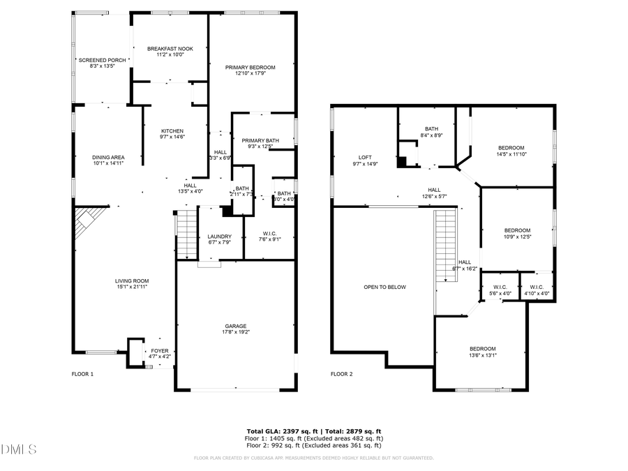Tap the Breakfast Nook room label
170,48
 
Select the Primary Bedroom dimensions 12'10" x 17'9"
250,73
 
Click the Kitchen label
172,130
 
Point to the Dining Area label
108,157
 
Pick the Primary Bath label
260,141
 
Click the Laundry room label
219,236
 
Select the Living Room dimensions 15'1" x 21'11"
132,287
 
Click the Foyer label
160,350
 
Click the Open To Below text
384,287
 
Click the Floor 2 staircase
446,246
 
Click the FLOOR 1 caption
82,374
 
